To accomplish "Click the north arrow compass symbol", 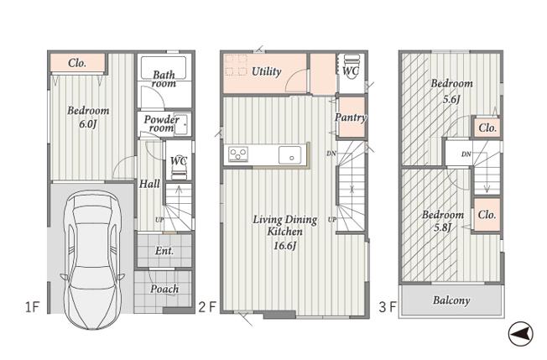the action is coord(520,334).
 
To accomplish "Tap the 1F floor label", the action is coord(33,307).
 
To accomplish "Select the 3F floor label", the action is coord(388,307).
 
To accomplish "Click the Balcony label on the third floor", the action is coord(451,300).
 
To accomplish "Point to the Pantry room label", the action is coord(351,117).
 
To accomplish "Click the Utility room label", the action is coord(267,71).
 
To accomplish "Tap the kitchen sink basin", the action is coord(290,155).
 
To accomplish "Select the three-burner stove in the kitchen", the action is coord(238,154).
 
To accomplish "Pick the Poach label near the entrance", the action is coord(164,289).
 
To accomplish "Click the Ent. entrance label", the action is coord(164,251).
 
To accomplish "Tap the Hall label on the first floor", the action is coord(149,184).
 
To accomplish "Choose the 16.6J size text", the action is coord(284,246).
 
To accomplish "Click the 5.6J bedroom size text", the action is coord(451,99).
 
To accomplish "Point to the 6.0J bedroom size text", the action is coord(87,124).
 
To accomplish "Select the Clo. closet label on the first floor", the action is coord(77,63).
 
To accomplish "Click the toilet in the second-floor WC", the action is coord(350,67).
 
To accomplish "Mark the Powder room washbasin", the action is coord(182,124).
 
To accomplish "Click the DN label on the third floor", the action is coord(466,154).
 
